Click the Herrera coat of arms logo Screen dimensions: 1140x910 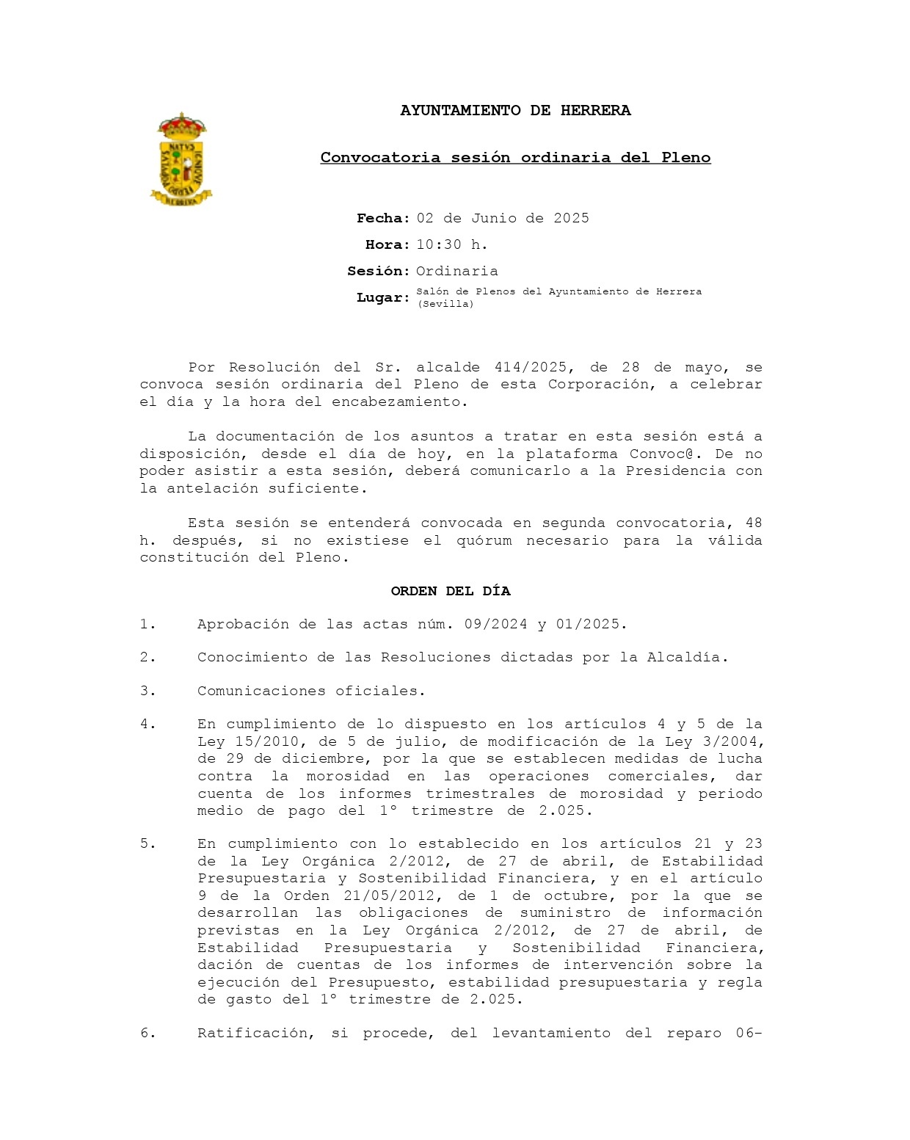coord(181,159)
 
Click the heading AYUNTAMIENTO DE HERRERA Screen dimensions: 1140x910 coord(515,111)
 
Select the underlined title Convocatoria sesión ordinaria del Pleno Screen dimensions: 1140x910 coord(515,158)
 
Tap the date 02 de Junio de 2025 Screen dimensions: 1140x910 coord(503,219)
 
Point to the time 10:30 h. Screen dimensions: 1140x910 coord(452,245)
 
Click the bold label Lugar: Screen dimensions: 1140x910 coord(383,298)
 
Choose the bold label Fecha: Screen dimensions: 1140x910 coord(383,219)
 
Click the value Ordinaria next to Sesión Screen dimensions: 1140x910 coord(456,272)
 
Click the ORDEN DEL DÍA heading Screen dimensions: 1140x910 coord(451,592)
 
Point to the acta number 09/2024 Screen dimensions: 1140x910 coord(495,625)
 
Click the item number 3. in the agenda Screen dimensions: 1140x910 coord(148,691)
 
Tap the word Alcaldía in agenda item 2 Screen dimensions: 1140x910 coord(687,658)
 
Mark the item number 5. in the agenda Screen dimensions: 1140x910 coord(148,844)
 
